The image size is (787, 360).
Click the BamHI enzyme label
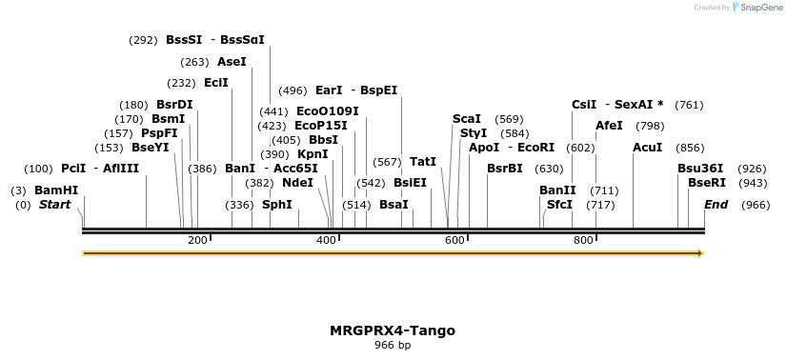(56, 190)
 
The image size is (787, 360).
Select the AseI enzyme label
(232, 62)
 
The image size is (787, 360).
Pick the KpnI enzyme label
(313, 153)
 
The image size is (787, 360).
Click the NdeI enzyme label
(297, 183)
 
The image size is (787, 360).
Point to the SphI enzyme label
(276, 204)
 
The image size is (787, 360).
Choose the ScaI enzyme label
(467, 119)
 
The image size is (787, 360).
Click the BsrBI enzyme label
(504, 169)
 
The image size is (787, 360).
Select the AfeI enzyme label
(609, 126)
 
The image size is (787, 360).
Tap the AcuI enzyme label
(647, 148)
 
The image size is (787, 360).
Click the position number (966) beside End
(756, 205)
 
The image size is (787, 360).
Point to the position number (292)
(143, 40)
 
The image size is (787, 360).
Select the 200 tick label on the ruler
(197, 240)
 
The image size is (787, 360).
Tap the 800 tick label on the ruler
(583, 240)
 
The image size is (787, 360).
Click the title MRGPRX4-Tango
(393, 330)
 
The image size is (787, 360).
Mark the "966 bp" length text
(393, 345)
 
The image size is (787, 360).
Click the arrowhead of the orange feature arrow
(700, 253)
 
